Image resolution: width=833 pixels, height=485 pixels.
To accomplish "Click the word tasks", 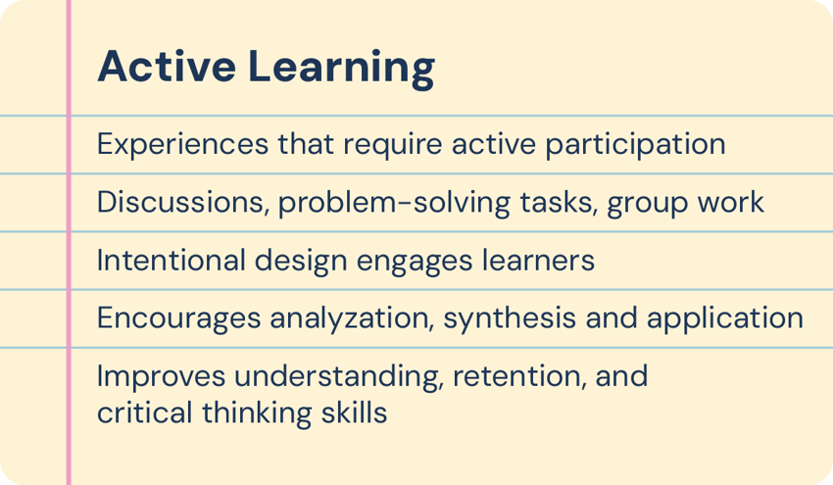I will pos(548,203).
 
